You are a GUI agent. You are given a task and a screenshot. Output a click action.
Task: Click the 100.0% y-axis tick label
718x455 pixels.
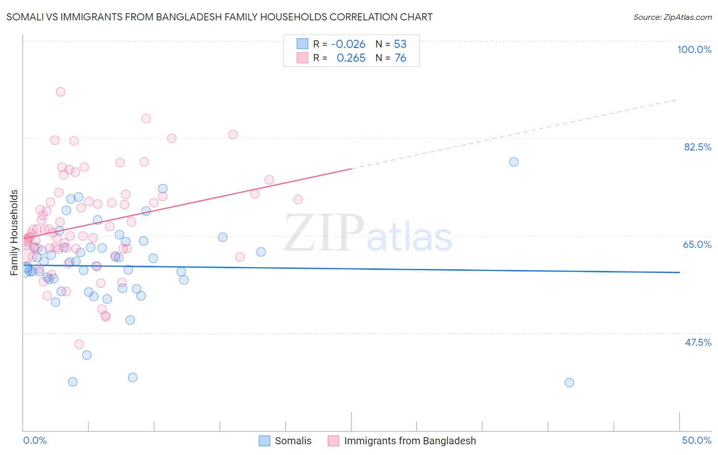pyautogui.click(x=694, y=49)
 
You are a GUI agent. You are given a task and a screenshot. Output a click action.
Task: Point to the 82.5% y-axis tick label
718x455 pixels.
pyautogui.click(x=698, y=147)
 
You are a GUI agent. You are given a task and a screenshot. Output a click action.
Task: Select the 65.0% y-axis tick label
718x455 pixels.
pyautogui.click(x=697, y=244)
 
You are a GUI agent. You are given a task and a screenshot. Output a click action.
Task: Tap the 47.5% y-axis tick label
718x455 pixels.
pyautogui.click(x=698, y=342)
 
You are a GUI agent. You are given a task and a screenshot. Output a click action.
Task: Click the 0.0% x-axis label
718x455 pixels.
pyautogui.click(x=35, y=440)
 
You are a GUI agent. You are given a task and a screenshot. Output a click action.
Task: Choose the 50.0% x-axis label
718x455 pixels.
pyautogui.click(x=697, y=440)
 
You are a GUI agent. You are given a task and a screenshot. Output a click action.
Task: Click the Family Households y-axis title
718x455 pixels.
pyautogui.click(x=14, y=233)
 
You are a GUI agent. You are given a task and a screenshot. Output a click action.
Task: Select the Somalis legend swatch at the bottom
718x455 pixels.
pyautogui.click(x=264, y=441)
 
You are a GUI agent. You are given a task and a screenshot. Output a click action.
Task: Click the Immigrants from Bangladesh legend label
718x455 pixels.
pyautogui.click(x=410, y=441)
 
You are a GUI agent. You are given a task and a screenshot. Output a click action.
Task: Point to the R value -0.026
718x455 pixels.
pyautogui.click(x=348, y=44)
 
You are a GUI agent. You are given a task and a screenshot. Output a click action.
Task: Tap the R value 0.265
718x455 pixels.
pyautogui.click(x=351, y=58)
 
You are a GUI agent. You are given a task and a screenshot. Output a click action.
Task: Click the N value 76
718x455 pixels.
pyautogui.click(x=400, y=58)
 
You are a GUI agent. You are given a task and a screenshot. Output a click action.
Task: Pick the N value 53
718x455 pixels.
pyautogui.click(x=400, y=44)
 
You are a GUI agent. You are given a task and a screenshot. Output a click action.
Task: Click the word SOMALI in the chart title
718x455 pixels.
pyautogui.click(x=22, y=17)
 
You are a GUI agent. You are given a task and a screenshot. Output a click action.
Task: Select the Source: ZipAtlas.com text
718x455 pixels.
pyautogui.click(x=672, y=17)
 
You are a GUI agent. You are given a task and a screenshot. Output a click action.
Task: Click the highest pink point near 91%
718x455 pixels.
pyautogui.click(x=61, y=92)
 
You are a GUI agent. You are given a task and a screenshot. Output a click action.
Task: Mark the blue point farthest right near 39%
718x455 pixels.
pyautogui.click(x=569, y=383)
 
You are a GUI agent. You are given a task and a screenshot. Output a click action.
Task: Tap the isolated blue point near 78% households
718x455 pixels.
pyautogui.click(x=514, y=162)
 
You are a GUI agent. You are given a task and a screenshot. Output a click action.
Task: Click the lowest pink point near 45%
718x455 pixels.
pyautogui.click(x=79, y=344)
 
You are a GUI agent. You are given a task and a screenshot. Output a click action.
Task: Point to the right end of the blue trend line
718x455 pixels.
pyautogui.click(x=679, y=272)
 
